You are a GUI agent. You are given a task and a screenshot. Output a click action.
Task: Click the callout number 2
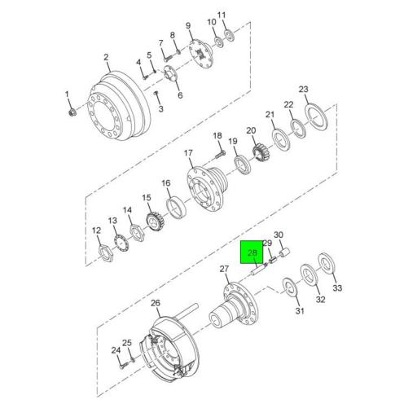pos(106,57)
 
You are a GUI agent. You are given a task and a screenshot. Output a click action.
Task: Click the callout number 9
pos(189,25)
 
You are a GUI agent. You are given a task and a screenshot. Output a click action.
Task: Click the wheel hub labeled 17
pos(203,192)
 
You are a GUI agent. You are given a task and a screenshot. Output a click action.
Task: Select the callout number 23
pos(304,89)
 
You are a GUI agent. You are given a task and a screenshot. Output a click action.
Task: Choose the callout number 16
pos(165,183)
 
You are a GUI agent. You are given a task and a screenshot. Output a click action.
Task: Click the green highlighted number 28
pos(252,253)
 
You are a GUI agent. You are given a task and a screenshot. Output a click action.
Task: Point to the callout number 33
pos(338,289)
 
